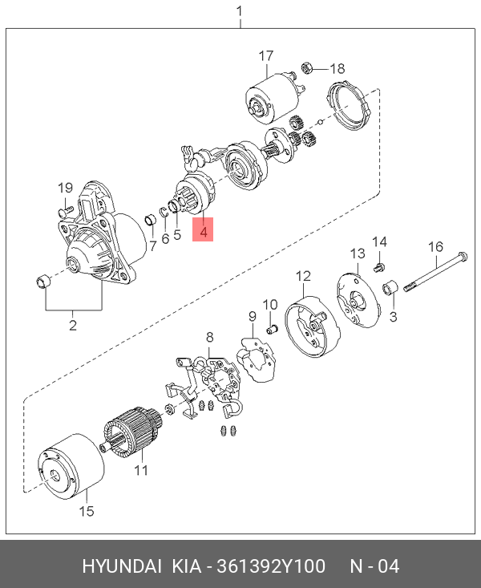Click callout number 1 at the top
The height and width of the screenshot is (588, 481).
click(x=239, y=11)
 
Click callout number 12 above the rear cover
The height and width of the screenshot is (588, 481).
click(x=303, y=277)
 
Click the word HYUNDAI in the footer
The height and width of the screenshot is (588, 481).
click(x=122, y=566)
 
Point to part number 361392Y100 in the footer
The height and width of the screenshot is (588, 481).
click(x=268, y=566)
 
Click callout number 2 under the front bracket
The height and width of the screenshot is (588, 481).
click(x=72, y=325)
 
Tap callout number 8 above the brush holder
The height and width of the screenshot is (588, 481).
click(x=210, y=336)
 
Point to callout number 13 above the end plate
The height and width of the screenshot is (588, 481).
click(x=356, y=253)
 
